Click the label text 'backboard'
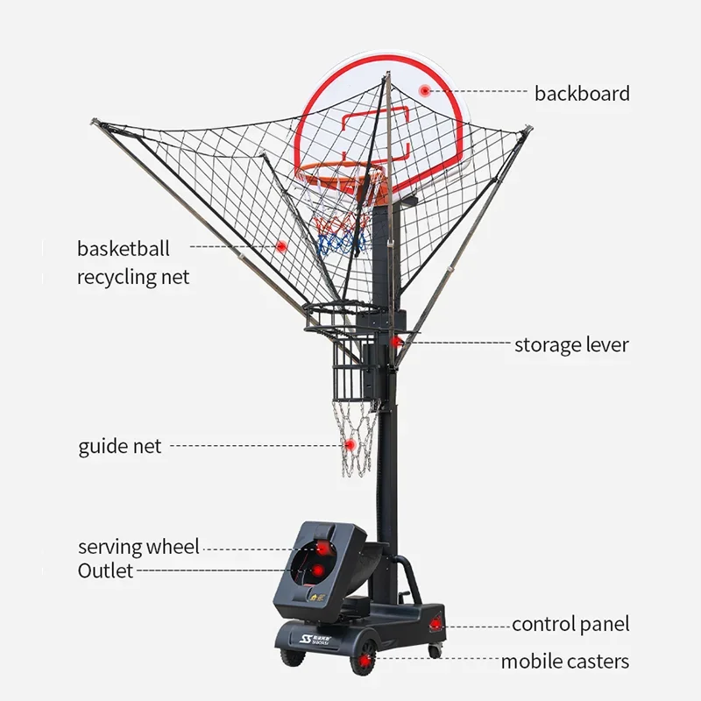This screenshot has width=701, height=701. (582, 94)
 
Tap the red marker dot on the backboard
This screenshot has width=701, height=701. (424, 91)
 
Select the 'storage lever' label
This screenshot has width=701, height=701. (571, 345)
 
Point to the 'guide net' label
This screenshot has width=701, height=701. (120, 446)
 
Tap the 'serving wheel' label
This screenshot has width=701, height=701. (138, 547)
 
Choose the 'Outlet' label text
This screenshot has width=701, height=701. (105, 570)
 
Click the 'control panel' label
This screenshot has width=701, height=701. (570, 625)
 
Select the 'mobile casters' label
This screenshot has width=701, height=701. (565, 662)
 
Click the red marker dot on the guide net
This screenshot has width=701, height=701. (350, 445)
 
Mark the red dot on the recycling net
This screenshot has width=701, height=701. (281, 246)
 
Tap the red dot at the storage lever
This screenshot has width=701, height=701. (395, 343)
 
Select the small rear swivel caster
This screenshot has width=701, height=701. (434, 651)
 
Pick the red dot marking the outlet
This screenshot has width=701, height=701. (317, 570)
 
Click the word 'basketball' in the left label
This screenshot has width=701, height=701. (124, 249)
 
